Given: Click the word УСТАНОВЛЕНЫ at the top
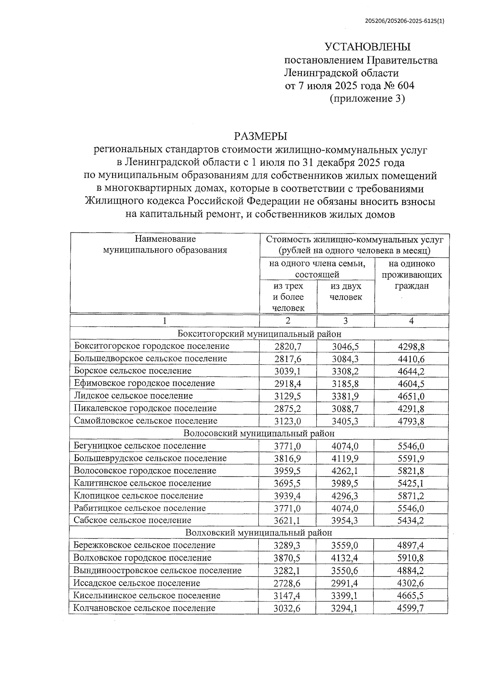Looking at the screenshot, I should coord(368,47).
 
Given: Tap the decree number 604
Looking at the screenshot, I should coord(406,86).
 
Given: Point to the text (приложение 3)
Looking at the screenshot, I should coord(367,98).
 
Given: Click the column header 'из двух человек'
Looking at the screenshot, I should coord(345,291).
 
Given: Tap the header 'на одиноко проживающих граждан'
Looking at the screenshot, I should coord(411,275).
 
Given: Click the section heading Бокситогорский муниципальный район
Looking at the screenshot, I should coord(259,334).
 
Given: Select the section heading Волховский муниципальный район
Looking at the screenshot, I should coord(259,532).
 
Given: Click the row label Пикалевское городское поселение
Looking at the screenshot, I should coord(145,408).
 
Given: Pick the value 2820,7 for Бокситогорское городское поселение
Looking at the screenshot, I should coord(288,346).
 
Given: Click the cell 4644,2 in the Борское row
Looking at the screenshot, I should coord(411,371).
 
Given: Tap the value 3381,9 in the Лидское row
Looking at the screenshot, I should coord(345,396).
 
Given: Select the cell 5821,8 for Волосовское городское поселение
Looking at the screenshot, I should coord(411,471).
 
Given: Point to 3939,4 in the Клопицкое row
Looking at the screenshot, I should coord(288,496).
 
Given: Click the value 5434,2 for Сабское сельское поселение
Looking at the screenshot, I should coord(411,520).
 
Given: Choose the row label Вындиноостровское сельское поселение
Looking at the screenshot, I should coord(157,571).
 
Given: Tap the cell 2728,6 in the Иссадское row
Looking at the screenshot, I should coord(288,583).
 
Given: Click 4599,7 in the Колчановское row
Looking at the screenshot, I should coord(411,608).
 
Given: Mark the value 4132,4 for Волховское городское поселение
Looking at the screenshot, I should coord(345,558).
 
